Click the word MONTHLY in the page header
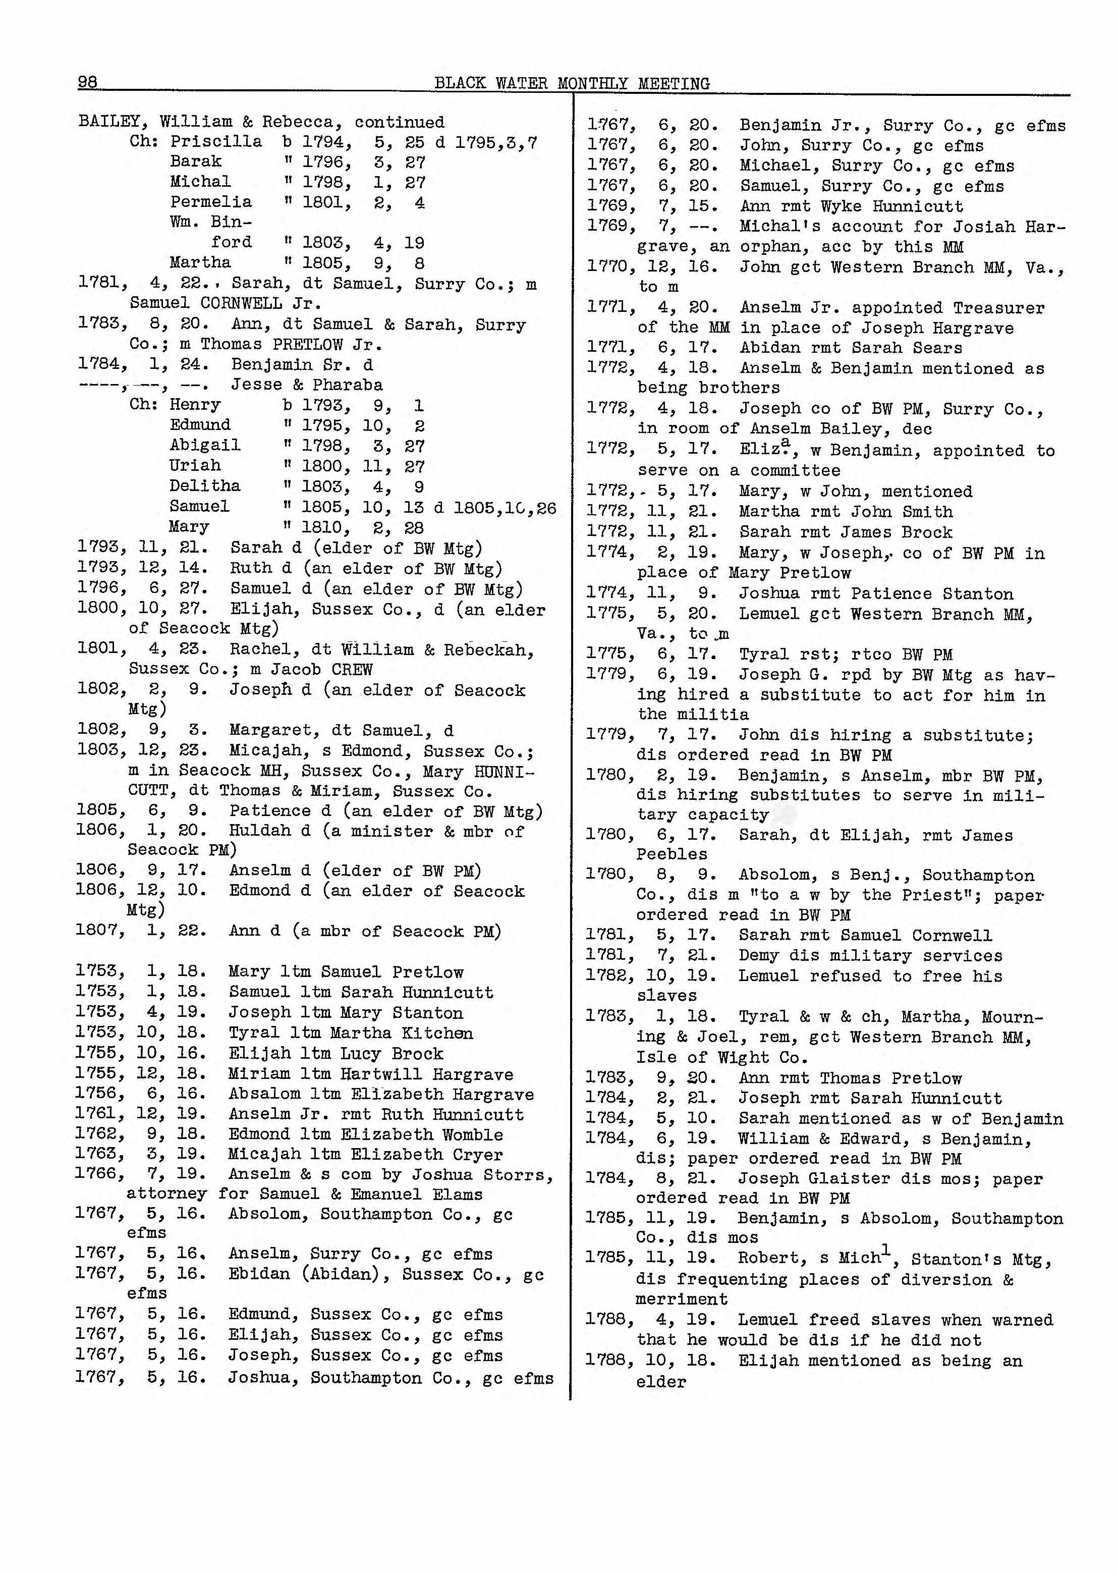(x=591, y=84)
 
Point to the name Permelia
(x=211, y=202)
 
